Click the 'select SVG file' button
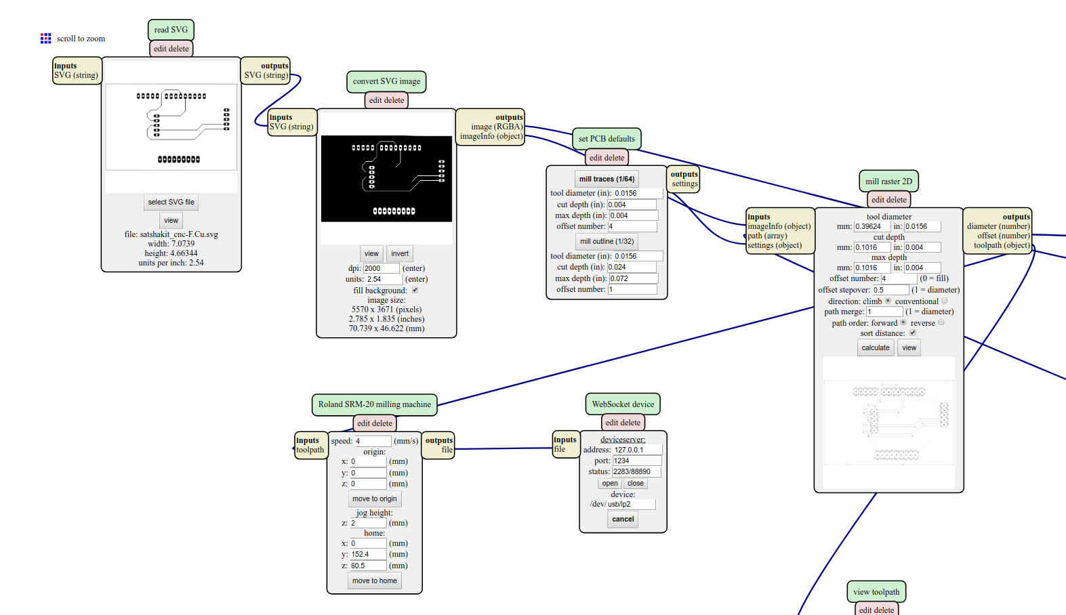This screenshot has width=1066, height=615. pyautogui.click(x=171, y=202)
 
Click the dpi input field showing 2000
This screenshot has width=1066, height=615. pyautogui.click(x=381, y=268)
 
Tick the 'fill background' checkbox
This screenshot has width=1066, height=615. pyautogui.click(x=415, y=290)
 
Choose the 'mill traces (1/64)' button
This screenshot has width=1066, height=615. pyautogui.click(x=607, y=179)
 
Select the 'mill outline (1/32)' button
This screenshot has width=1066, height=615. pyautogui.click(x=607, y=242)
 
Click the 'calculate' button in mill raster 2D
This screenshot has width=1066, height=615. pyautogui.click(x=875, y=347)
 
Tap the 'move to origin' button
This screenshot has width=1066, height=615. pyautogui.click(x=375, y=499)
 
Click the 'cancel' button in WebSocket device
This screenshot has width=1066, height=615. pyautogui.click(x=623, y=519)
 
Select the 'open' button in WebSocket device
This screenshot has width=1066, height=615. pyautogui.click(x=610, y=483)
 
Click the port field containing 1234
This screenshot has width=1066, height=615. pyautogui.click(x=637, y=461)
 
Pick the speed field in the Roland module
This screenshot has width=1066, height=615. pyautogui.click(x=373, y=441)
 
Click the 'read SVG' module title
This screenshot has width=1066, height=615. pyautogui.click(x=171, y=30)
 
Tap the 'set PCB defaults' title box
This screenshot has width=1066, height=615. pyautogui.click(x=607, y=138)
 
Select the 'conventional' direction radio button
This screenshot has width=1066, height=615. pyautogui.click(x=944, y=301)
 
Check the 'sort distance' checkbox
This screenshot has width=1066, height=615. pyautogui.click(x=913, y=333)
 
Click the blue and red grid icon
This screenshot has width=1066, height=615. pyautogui.click(x=45, y=39)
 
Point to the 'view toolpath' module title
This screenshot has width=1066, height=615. pyautogui.click(x=877, y=592)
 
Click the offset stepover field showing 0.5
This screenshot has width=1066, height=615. pyautogui.click(x=890, y=290)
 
